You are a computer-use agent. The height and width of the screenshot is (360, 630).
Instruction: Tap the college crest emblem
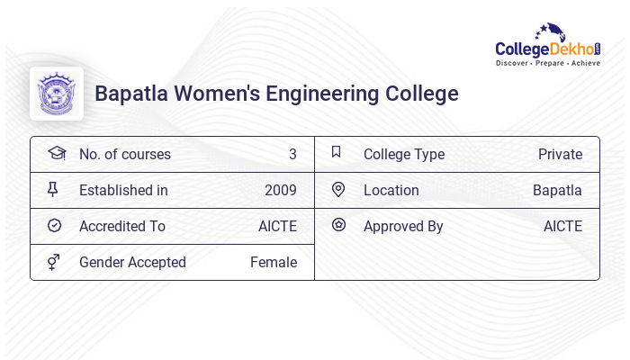tap(57, 94)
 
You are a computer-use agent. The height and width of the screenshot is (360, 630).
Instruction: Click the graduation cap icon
tap(56, 153)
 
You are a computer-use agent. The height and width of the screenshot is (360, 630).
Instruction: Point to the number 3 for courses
tap(292, 155)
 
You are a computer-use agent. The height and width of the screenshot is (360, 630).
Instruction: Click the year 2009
tap(280, 191)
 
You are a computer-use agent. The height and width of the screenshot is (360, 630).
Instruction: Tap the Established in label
tap(123, 191)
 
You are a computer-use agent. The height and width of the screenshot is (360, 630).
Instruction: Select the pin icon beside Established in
tap(53, 190)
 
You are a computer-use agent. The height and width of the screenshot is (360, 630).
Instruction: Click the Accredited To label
tap(122, 227)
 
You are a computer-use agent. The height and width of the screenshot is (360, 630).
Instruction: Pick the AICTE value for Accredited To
tap(277, 227)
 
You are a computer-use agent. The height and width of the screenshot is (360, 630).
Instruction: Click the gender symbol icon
tap(54, 262)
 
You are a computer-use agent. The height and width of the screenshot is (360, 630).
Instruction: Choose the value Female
tap(274, 263)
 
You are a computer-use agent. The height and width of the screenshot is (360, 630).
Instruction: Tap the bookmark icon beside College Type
tap(337, 152)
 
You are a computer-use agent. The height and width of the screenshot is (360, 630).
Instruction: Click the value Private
tap(560, 155)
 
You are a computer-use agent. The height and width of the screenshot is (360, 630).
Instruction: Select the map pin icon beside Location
tap(338, 190)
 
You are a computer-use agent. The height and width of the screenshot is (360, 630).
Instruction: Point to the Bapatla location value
tap(557, 191)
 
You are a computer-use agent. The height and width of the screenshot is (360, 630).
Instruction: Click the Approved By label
tap(403, 227)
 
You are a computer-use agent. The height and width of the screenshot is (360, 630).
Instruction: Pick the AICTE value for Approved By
tap(562, 227)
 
